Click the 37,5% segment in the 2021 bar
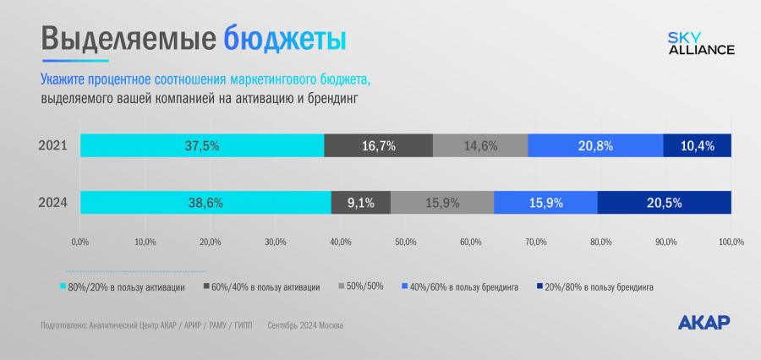click(x=202, y=145)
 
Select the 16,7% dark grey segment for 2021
click(x=378, y=145)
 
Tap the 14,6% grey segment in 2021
click(x=480, y=145)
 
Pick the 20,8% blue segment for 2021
click(x=595, y=145)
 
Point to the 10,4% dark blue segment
click(x=697, y=145)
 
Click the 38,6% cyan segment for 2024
click(x=205, y=203)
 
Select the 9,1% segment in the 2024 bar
click(x=361, y=203)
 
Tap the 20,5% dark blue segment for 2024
click(x=664, y=203)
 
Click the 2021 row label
click(x=54, y=145)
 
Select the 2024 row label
click(x=54, y=203)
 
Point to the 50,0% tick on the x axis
click(x=405, y=243)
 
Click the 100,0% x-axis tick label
click(x=731, y=243)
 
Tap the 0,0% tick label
click(x=80, y=243)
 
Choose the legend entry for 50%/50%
click(x=361, y=286)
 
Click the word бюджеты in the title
click(x=286, y=39)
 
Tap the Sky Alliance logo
click(x=701, y=44)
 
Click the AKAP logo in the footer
click(x=704, y=322)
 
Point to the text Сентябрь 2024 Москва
click(x=305, y=325)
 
